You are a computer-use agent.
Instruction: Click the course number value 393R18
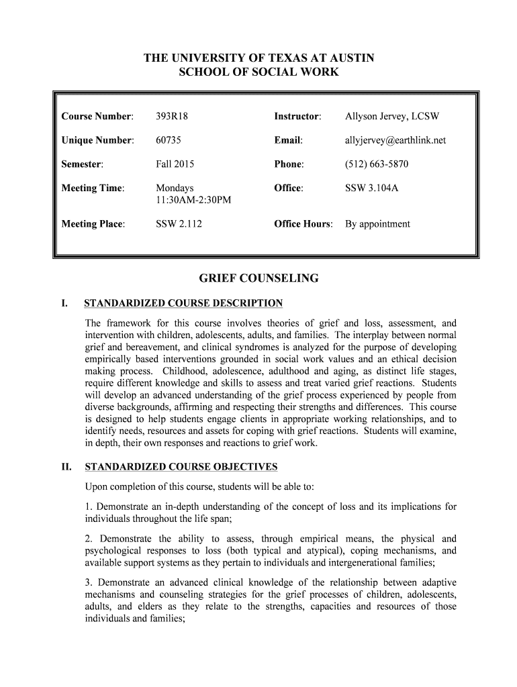point(172,117)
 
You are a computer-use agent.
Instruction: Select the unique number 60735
point(169,140)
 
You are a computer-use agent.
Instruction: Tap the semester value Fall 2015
point(175,164)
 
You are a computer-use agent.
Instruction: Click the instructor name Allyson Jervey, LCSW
point(392,117)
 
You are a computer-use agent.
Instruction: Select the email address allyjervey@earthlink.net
point(395,140)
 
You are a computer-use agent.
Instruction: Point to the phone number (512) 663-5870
point(377,164)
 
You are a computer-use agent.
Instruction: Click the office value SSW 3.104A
point(371,189)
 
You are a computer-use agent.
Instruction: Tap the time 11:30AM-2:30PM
point(193,201)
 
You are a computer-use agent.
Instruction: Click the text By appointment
point(377,224)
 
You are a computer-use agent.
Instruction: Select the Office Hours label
point(303,224)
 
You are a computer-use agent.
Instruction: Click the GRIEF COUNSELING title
point(258,278)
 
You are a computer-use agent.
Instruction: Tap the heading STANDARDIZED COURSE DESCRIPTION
point(183,303)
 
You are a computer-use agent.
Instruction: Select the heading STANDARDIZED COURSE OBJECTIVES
point(181,467)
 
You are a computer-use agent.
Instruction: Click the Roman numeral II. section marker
point(67,467)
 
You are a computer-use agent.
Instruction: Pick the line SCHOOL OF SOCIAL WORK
point(258,72)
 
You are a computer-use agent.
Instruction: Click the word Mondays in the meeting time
point(175,189)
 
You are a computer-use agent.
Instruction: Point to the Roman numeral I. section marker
point(64,303)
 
